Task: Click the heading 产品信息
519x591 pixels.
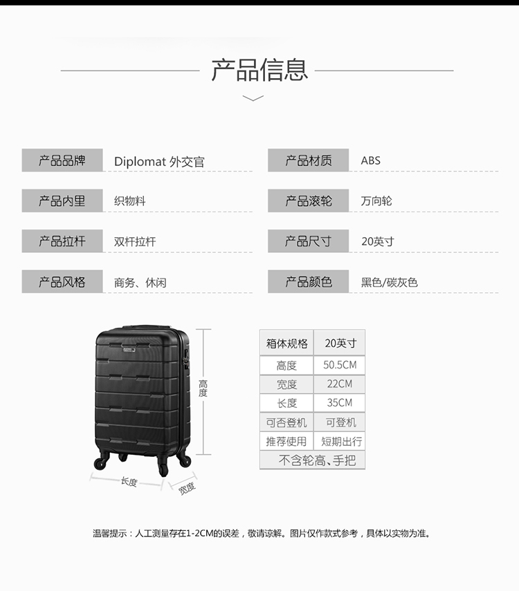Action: (x=259, y=70)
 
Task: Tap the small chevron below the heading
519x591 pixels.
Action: (x=253, y=98)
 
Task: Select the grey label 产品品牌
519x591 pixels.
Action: (x=62, y=160)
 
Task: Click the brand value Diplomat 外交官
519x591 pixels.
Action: (x=159, y=162)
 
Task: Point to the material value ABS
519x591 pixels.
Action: (x=371, y=160)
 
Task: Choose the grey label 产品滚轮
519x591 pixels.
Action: (x=309, y=200)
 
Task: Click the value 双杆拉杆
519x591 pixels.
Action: (x=135, y=241)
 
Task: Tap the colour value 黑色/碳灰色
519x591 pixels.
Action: (x=390, y=282)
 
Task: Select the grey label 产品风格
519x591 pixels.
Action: (x=62, y=281)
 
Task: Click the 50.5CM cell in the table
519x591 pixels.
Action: (x=340, y=365)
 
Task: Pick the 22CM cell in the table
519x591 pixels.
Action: (x=340, y=384)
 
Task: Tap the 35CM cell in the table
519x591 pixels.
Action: (x=340, y=402)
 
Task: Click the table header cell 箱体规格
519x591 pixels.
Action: (x=287, y=343)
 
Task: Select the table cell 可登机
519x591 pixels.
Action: (x=341, y=422)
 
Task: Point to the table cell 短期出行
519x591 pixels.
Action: (x=341, y=441)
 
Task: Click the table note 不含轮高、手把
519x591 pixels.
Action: (x=317, y=460)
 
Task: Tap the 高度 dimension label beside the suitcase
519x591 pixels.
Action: (x=203, y=388)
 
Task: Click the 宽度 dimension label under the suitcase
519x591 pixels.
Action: (x=187, y=488)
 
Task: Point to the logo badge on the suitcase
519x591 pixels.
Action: (x=129, y=350)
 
